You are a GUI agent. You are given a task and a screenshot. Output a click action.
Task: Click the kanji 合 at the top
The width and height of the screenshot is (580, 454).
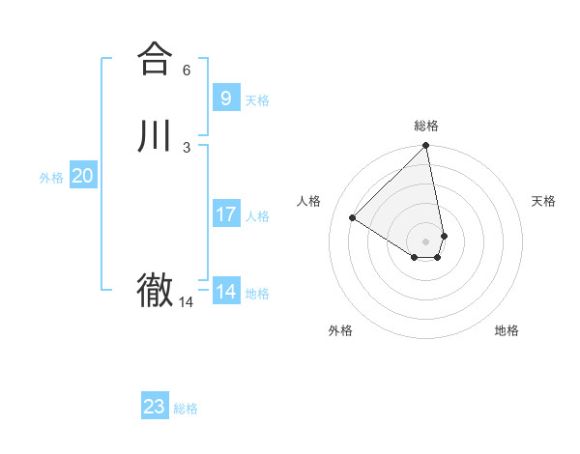pos(155,59)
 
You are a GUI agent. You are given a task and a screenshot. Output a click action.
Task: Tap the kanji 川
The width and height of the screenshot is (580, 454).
pos(155,136)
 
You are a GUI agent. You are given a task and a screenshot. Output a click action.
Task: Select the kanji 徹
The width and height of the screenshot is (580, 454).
pos(155,291)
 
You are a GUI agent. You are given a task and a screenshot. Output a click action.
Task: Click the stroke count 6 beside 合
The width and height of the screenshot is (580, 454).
pos(187,71)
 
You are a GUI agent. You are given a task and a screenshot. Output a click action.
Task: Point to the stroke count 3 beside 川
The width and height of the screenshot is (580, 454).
pos(187,148)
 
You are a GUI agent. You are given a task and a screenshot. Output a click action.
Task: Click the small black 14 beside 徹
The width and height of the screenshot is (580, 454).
pos(187,302)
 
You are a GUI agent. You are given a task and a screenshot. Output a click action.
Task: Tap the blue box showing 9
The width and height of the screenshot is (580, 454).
pos(226,99)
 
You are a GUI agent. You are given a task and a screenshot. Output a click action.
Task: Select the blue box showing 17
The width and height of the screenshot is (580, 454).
pos(226,214)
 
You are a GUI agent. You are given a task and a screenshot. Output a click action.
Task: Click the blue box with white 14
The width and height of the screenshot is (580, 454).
pos(226,292)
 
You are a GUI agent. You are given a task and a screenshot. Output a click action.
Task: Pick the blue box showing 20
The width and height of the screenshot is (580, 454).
pos(83,176)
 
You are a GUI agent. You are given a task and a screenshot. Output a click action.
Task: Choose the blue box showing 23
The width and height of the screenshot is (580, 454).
pos(155,407)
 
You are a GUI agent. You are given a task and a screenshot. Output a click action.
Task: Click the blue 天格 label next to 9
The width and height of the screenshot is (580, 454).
pos(257,100)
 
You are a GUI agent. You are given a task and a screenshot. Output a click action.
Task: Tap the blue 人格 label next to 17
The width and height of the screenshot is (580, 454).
pos(257,216)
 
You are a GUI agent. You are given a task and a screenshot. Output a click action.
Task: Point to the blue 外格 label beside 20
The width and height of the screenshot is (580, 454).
pos(51,178)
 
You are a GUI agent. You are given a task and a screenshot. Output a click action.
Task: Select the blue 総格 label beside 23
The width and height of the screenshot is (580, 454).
pos(186,409)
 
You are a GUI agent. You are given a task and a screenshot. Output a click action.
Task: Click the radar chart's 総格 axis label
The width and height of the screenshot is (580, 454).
pos(426,126)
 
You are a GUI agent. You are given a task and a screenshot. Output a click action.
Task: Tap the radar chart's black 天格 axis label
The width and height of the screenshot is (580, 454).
pos(543,201)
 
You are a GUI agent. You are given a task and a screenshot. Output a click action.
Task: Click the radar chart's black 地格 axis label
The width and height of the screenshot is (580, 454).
pos(507,330)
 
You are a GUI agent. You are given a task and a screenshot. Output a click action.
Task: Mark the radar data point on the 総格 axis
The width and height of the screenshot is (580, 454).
pos(426,146)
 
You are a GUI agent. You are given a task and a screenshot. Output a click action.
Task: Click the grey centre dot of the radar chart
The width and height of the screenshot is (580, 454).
pos(426,241)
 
